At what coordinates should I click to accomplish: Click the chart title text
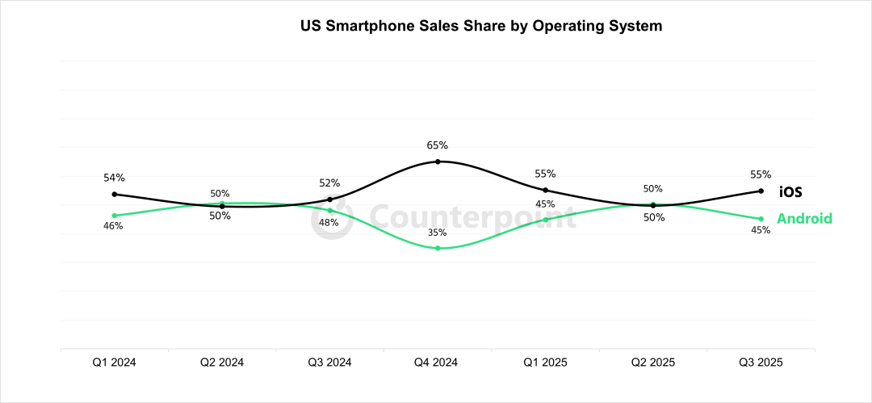pos(481,26)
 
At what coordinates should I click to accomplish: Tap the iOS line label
pos(791,192)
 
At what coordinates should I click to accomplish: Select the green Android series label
pos(804,219)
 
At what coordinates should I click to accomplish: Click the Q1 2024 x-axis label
pos(114,363)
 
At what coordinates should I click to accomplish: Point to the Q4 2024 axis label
pos(438,363)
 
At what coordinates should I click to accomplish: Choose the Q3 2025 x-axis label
pos(761,363)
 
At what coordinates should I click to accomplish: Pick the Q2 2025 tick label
pos(652,363)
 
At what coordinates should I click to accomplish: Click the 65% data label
pos(438,145)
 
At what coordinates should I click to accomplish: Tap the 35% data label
pos(438,233)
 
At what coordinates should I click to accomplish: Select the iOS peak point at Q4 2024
pos(438,162)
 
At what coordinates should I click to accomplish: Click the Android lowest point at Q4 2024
pos(438,248)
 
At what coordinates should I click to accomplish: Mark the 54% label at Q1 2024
pos(114,178)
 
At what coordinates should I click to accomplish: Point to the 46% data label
pos(113,226)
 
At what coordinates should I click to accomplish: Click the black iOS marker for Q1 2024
pos(114,194)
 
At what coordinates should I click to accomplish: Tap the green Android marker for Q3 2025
pos(761,219)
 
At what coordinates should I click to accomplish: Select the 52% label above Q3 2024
pos(329,183)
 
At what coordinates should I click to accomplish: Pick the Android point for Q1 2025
pos(545,220)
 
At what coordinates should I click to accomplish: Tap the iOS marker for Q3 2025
pos(761,191)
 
